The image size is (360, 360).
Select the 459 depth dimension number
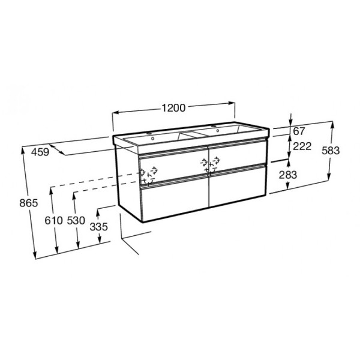[39, 152]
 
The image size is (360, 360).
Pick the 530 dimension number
[76, 220]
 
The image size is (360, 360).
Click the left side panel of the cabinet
[127, 180]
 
